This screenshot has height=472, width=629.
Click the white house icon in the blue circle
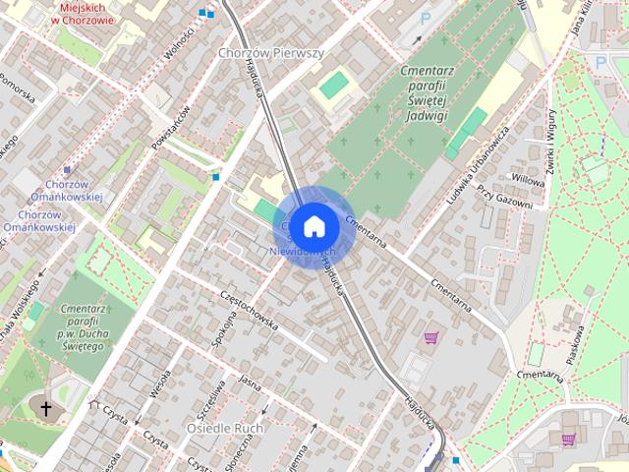tap(314, 225)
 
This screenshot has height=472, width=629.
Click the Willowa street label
tap(528, 181)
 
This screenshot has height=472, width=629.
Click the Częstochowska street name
tap(250, 309)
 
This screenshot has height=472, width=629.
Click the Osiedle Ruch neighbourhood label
tap(223, 429)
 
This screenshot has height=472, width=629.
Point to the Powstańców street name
tap(171, 128)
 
